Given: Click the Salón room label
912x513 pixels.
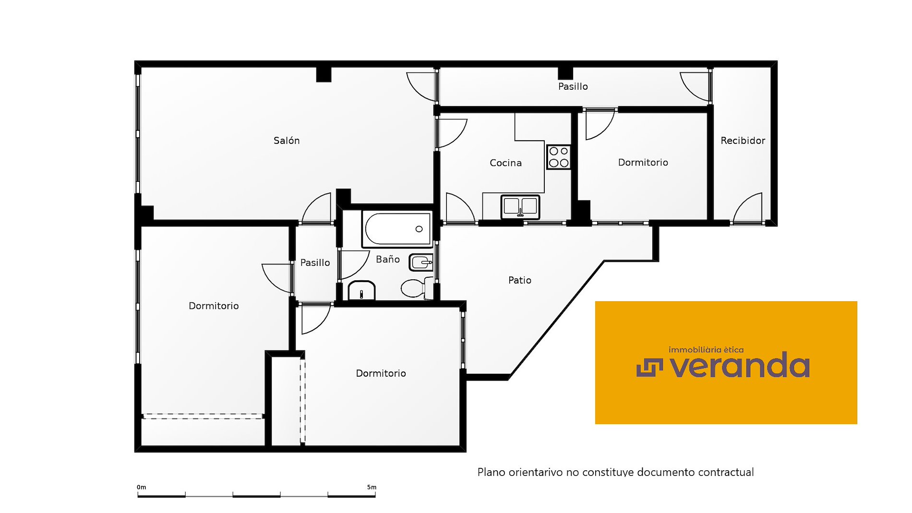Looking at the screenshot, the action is (x=287, y=141).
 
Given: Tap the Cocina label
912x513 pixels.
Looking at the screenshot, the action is (x=505, y=163).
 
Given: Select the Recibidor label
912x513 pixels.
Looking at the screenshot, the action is (x=743, y=141).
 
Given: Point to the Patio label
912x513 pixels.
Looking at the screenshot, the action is (x=520, y=280).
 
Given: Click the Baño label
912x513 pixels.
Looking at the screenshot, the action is (x=388, y=259).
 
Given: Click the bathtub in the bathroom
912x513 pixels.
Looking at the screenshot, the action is (x=397, y=229).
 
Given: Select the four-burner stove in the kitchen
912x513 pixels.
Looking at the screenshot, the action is (x=559, y=157).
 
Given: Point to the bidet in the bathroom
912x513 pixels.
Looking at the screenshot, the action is (x=421, y=262).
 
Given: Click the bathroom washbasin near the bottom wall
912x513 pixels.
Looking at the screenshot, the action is (x=361, y=291).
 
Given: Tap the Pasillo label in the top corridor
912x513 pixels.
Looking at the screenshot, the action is (x=573, y=86).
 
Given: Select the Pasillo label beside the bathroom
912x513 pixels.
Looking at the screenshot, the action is (x=315, y=262).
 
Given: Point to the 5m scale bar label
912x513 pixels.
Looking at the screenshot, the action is (x=372, y=487).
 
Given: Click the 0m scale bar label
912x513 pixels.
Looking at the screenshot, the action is (x=141, y=487).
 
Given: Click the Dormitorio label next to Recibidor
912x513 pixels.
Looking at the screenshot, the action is (x=643, y=163).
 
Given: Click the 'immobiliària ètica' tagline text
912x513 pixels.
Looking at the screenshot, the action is (x=706, y=350).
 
